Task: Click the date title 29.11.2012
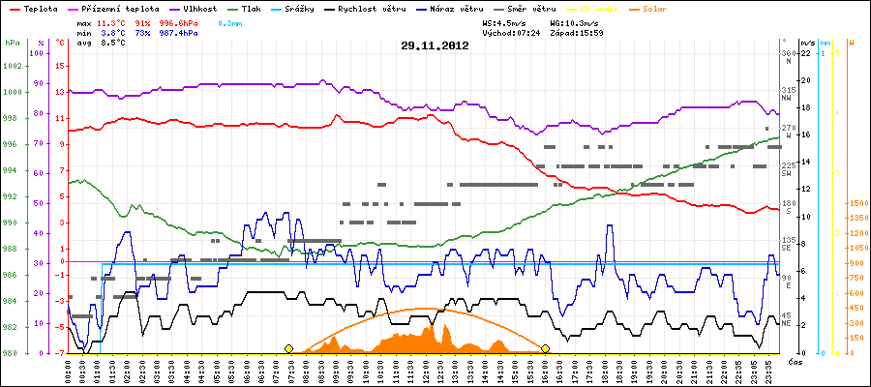point(435,45)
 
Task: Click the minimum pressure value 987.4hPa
point(179,32)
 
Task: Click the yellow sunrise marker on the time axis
point(288,348)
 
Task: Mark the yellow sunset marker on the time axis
point(546,348)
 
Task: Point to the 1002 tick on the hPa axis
point(13,66)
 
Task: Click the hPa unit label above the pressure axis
point(12,43)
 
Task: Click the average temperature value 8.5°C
point(114,43)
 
